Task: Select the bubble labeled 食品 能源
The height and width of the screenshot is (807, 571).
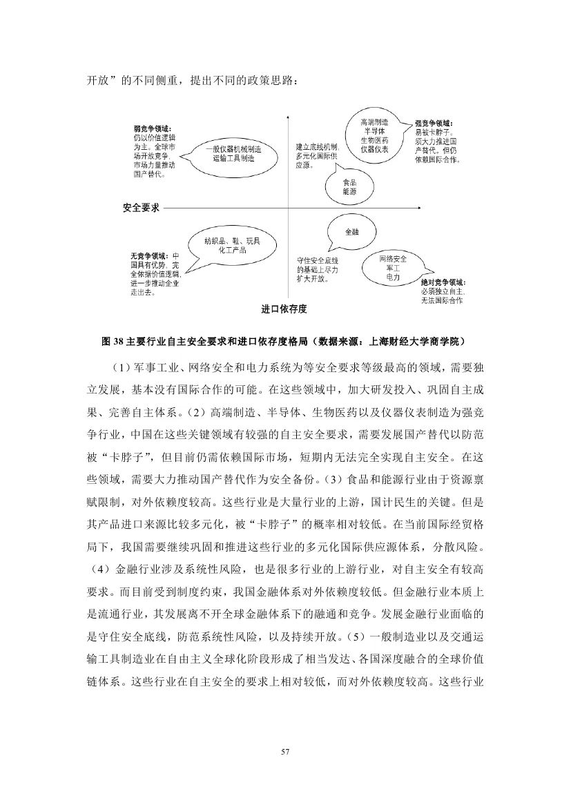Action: pyautogui.click(x=349, y=187)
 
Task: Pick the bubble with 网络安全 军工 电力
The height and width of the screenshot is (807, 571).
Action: pyautogui.click(x=392, y=267)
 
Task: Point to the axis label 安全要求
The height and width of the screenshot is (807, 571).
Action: pyautogui.click(x=141, y=207)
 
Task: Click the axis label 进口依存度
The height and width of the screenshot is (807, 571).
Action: pyautogui.click(x=284, y=309)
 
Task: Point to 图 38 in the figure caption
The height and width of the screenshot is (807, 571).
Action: pyautogui.click(x=111, y=340)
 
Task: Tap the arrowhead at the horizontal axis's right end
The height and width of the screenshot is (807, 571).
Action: pyautogui.click(x=421, y=207)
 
